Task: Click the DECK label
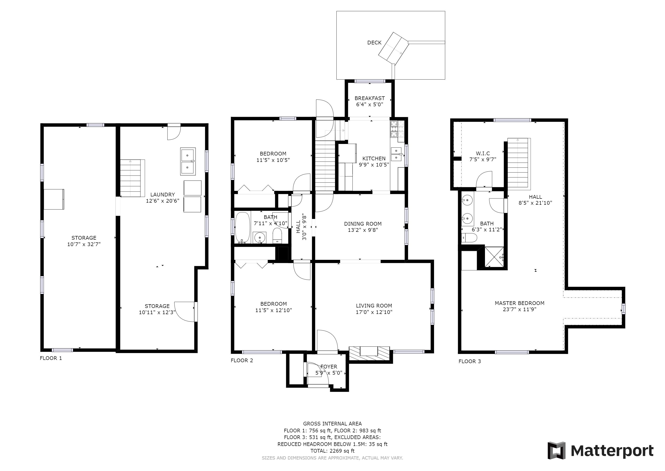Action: pyautogui.click(x=374, y=43)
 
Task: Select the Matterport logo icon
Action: pyautogui.click(x=556, y=450)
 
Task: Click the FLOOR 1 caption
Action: pyautogui.click(x=51, y=358)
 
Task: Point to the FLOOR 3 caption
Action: pyautogui.click(x=470, y=361)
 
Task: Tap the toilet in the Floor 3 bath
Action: pyautogui.click(x=469, y=238)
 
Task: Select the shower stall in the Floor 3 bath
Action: pyautogui.click(x=494, y=257)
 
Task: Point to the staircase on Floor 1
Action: pyautogui.click(x=132, y=178)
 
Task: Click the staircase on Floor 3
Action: pyautogui.click(x=519, y=163)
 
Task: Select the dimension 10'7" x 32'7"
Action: pyautogui.click(x=84, y=244)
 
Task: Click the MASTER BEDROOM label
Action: pyautogui.click(x=520, y=303)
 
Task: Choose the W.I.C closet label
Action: pyautogui.click(x=483, y=153)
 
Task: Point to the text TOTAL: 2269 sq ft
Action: pyautogui.click(x=332, y=451)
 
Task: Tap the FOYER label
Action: pyautogui.click(x=329, y=367)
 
